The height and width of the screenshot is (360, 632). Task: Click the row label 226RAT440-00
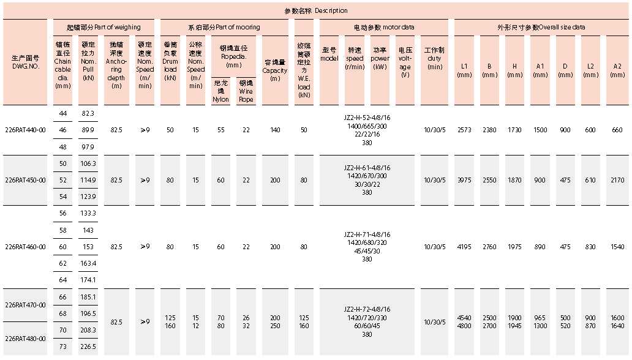pos(24,130)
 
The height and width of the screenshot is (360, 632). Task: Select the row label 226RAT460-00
pos(24,247)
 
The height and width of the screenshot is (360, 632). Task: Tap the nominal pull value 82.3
pos(88,113)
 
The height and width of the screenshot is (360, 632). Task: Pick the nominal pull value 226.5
pos(88,347)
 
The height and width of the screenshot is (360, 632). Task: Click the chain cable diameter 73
pos(63,347)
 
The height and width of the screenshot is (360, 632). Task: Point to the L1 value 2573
pos(464,130)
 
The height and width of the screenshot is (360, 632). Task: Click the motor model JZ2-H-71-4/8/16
pos(367,234)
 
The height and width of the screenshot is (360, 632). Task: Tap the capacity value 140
pos(275,130)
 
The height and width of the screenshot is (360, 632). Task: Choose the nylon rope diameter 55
pos(220,130)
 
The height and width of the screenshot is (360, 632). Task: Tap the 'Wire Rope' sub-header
pos(246,95)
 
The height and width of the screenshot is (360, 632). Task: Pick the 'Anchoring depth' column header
pos(116,61)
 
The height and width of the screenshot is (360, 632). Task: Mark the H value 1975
pos(515,247)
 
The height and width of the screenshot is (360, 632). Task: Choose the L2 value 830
pos(590,247)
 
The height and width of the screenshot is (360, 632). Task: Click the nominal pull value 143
pos(88,230)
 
